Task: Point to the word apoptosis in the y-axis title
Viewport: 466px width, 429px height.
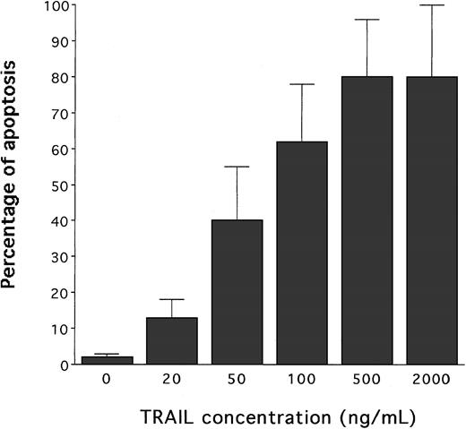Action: pyautogui.click(x=13, y=176)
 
